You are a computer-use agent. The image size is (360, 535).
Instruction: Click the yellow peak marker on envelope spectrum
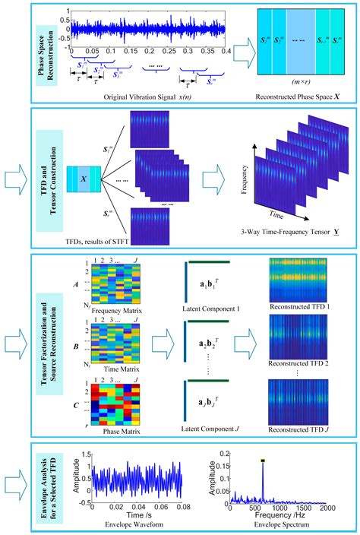point(264,461)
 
